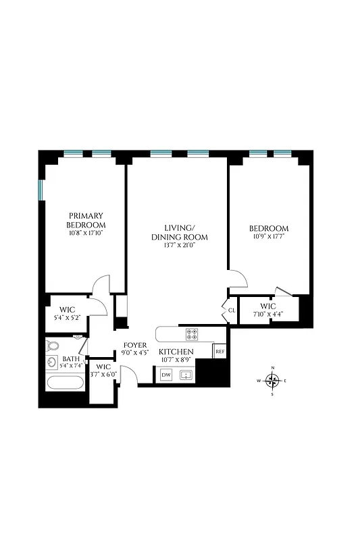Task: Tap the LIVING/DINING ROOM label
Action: tap(179, 232)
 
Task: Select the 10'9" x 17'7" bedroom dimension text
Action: tap(269, 236)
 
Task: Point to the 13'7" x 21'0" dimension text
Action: tap(179, 246)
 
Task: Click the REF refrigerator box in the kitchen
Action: tap(219, 352)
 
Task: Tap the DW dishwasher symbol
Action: tap(166, 374)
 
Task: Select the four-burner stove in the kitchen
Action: tap(192, 333)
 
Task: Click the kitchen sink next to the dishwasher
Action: tap(187, 375)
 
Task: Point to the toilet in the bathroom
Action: tap(54, 346)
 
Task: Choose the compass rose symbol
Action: tap(273, 381)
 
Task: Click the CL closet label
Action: tap(231, 310)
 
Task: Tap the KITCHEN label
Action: tap(176, 352)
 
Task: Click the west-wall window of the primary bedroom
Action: tap(41, 190)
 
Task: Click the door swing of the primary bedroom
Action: tap(100, 285)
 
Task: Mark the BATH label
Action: tap(70, 360)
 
